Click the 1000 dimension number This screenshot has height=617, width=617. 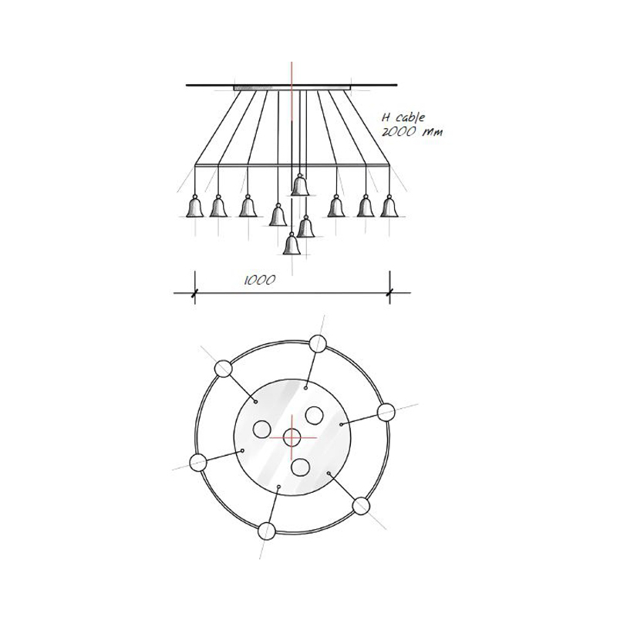tap(260, 280)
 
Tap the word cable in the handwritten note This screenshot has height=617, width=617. tap(410, 117)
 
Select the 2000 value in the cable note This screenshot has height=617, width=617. tap(399, 131)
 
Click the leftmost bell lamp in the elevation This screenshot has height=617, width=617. tap(195, 206)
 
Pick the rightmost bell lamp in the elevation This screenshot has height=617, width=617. tap(389, 206)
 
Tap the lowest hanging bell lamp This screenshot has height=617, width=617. tap(292, 244)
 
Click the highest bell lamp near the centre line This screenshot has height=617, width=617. tap(300, 184)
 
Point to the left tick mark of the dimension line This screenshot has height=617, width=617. tap(194, 292)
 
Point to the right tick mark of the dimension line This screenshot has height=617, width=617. tap(389, 292)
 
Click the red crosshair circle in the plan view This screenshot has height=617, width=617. tap(292, 437)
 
